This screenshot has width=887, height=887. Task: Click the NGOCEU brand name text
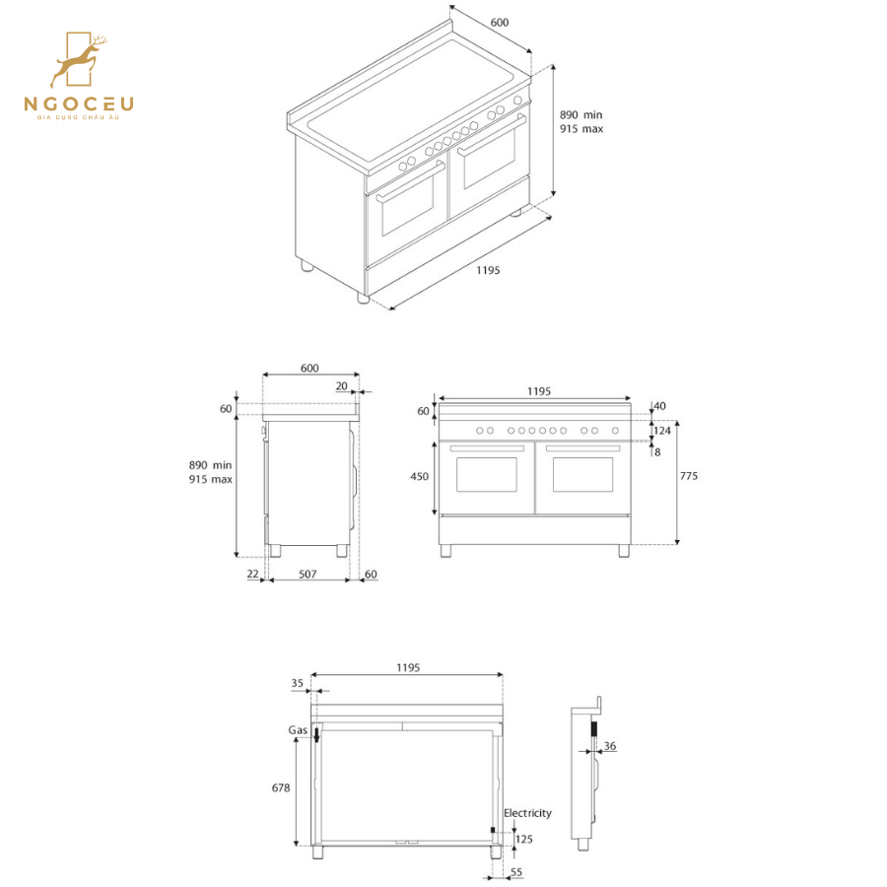[x=79, y=103]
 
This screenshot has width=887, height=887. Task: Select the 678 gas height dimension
[x=280, y=787]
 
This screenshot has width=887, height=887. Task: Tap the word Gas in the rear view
[x=298, y=730]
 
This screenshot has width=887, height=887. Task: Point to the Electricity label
[x=527, y=813]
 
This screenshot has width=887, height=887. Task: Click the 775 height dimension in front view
[x=688, y=476]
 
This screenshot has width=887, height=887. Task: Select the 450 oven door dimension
[x=420, y=476]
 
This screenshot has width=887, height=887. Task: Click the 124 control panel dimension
[x=661, y=431]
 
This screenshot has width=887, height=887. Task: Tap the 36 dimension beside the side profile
[x=609, y=746]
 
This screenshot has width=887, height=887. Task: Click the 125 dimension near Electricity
[x=523, y=839]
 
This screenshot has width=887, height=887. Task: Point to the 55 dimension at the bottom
[x=516, y=873]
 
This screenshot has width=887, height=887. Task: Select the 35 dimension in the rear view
[x=297, y=682]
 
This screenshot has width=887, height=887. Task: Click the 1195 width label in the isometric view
[x=487, y=270]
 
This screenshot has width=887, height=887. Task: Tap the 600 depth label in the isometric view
[x=500, y=22]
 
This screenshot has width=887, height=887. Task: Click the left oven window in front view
[x=487, y=474]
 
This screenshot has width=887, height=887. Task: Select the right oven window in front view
[x=581, y=474]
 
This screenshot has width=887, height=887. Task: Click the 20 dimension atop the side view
[x=341, y=386]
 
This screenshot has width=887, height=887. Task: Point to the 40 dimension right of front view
[x=659, y=406]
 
